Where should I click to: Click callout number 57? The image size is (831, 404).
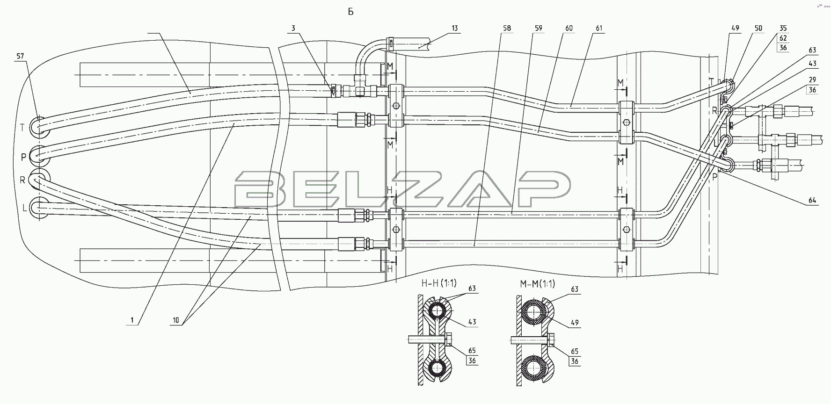coord(20,56)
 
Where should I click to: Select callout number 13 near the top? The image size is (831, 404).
coord(454,28)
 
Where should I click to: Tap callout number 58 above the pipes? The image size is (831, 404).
coord(507,28)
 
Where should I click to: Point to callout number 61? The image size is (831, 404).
coord(599,28)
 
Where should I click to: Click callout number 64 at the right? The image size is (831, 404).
coord(812,201)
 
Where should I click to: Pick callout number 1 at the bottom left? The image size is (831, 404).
coord(132,321)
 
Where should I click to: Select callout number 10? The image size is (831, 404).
coord(175,321)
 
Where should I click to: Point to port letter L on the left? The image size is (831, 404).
coord(24,208)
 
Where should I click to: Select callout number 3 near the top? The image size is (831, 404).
coord(293,28)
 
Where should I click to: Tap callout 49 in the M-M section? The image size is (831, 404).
coord(575,322)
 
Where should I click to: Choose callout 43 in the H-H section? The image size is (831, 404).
coord(472,322)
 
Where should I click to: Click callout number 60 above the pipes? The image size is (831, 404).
coord(569,28)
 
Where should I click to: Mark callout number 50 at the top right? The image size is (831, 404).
coord(758,28)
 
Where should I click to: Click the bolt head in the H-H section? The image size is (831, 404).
coord(450,339)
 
